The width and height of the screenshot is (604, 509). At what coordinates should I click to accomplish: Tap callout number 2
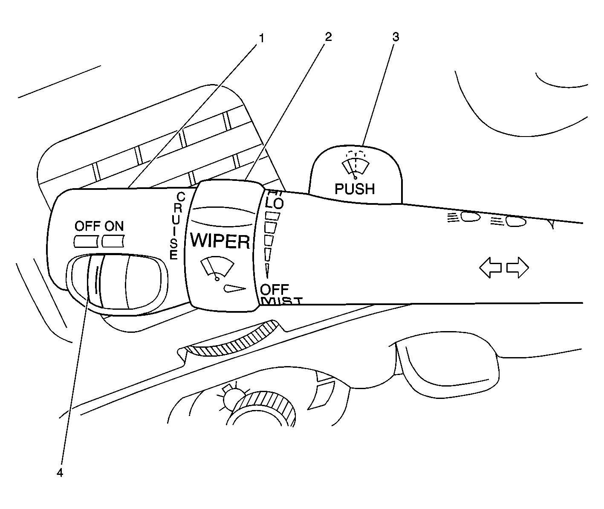click(x=327, y=37)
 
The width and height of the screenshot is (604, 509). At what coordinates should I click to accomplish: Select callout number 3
click(x=396, y=37)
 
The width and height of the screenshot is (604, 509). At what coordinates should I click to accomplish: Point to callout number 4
click(x=60, y=473)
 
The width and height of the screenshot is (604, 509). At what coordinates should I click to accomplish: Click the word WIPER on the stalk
click(x=220, y=241)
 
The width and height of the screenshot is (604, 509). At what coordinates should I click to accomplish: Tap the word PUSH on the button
click(x=355, y=189)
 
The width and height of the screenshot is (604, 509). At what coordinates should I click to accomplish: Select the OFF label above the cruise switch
click(x=87, y=226)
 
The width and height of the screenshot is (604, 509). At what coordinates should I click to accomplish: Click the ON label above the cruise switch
click(x=114, y=226)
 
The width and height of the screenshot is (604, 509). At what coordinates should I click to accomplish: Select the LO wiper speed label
click(x=275, y=204)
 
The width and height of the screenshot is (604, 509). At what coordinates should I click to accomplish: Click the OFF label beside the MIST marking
click(x=275, y=289)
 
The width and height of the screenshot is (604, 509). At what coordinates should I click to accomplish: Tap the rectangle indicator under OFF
click(x=87, y=241)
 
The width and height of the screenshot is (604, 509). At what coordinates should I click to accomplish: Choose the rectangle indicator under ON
click(x=113, y=241)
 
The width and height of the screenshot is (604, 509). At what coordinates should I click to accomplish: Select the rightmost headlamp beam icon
click(x=509, y=221)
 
